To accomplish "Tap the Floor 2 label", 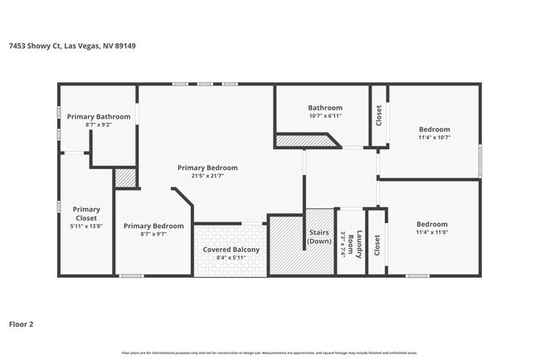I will [x=21, y=324].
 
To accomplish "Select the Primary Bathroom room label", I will [x=99, y=117].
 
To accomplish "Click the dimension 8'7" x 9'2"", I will [x=99, y=125].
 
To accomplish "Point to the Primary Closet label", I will [x=86, y=213].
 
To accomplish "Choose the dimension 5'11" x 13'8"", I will [x=86, y=226].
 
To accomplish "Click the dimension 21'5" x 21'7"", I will [x=207, y=176].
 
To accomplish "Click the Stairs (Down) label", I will [x=320, y=237].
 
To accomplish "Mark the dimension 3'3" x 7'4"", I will [x=342, y=243].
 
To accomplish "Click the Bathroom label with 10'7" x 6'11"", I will [x=325, y=108].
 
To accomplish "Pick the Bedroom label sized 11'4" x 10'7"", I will [x=434, y=129].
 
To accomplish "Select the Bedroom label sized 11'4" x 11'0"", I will [x=431, y=224].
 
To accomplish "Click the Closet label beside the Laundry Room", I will [x=377, y=244].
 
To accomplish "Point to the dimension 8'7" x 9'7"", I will [x=153, y=234].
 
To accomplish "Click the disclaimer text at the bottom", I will [x=269, y=353].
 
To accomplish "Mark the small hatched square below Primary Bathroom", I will [x=124, y=178].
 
